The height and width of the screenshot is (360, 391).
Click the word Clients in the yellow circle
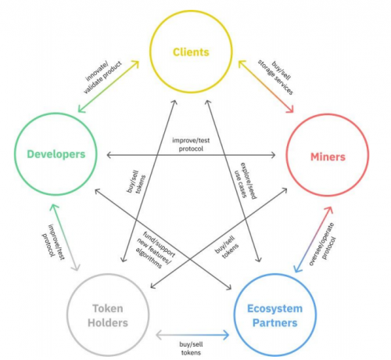(191, 52)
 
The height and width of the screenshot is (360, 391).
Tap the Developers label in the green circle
(56, 154)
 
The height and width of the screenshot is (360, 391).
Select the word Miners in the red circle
(328, 157)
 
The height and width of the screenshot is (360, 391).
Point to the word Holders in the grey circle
(108, 323)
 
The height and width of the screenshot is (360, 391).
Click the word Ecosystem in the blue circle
(275, 308)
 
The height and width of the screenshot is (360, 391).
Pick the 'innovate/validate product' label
(102, 77)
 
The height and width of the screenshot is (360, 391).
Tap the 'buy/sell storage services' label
(277, 77)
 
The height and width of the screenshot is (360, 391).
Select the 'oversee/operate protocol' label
(323, 244)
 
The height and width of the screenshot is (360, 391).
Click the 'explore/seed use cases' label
(245, 181)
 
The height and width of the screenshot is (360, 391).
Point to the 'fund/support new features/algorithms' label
(156, 250)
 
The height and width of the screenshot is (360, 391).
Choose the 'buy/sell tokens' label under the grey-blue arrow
(191, 348)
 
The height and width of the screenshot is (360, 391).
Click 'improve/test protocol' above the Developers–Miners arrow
(191, 145)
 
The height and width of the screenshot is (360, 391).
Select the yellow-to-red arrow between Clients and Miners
(266, 86)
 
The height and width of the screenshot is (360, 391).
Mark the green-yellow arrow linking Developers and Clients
(109, 87)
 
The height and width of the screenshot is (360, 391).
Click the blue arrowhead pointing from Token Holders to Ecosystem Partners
(226, 335)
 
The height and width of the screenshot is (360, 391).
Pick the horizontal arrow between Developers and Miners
(191, 155)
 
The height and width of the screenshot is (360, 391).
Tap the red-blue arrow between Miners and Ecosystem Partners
(314, 239)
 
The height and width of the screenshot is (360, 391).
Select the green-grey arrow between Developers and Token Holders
(65, 237)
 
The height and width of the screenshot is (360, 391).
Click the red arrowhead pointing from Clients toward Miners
(290, 109)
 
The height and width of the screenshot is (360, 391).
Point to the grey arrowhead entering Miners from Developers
(273, 155)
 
